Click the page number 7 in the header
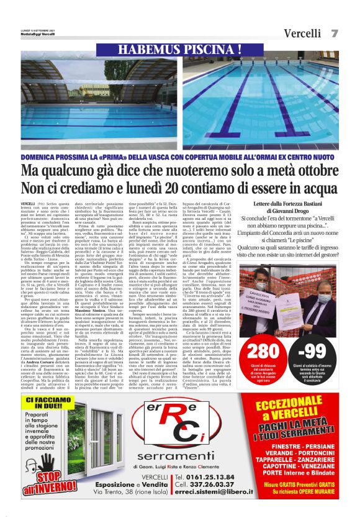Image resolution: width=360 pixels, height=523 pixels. click(335, 32)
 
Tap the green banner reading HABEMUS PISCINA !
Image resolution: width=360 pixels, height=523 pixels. click(179, 49)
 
